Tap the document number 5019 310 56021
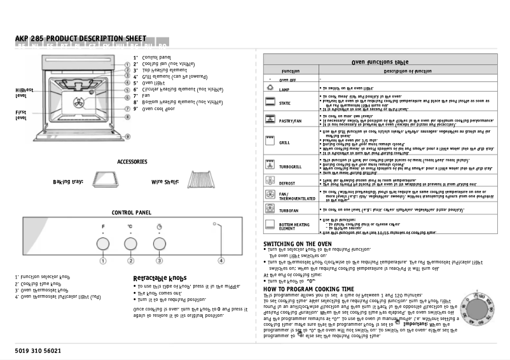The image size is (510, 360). [x=38, y=350]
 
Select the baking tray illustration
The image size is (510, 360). [x=105, y=181]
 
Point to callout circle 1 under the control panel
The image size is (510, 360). [x=102, y=260]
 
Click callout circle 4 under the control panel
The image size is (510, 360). [x=221, y=260]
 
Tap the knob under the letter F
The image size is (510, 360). [x=102, y=243]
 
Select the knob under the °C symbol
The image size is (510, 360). [x=130, y=243]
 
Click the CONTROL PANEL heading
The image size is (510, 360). [x=131, y=212]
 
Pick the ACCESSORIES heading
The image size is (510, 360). [x=132, y=162]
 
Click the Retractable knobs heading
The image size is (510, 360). [x=160, y=278]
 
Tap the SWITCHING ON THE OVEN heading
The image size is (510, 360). [x=297, y=244]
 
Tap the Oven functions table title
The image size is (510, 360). [x=380, y=63]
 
